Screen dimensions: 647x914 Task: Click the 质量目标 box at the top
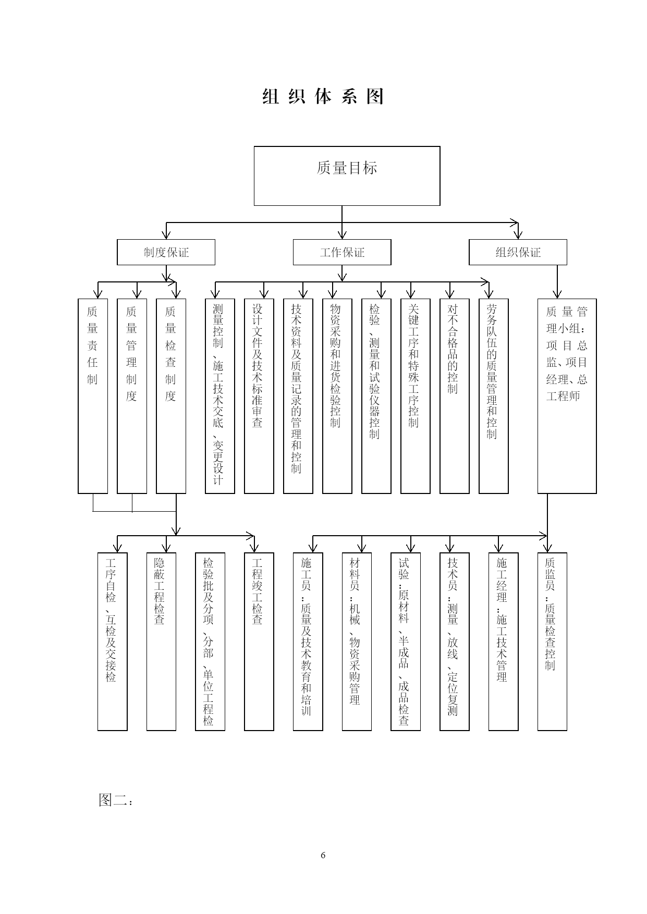point(347,176)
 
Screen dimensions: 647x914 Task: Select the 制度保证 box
point(166,252)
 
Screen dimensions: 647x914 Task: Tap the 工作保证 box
point(342,252)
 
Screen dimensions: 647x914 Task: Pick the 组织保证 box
point(518,252)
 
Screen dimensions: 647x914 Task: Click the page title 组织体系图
point(323,96)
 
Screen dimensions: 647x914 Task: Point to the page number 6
point(323,855)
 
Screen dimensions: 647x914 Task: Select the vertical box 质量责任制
point(93,396)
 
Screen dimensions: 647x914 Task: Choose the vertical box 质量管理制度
point(132,396)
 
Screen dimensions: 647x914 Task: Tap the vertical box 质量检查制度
point(171,396)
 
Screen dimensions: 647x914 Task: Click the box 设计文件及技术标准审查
point(259,396)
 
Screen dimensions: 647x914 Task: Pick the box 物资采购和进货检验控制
point(337,396)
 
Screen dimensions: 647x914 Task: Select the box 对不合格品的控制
point(455,396)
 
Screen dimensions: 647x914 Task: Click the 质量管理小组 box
point(567,396)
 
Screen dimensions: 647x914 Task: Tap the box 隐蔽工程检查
point(161,641)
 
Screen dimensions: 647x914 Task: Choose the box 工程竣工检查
point(259,641)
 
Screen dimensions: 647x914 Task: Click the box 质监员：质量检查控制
point(552,641)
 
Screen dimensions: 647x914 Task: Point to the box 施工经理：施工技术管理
point(503,641)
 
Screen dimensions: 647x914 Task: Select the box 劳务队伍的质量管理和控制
point(494,396)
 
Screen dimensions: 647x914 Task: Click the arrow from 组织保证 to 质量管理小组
point(557,282)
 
